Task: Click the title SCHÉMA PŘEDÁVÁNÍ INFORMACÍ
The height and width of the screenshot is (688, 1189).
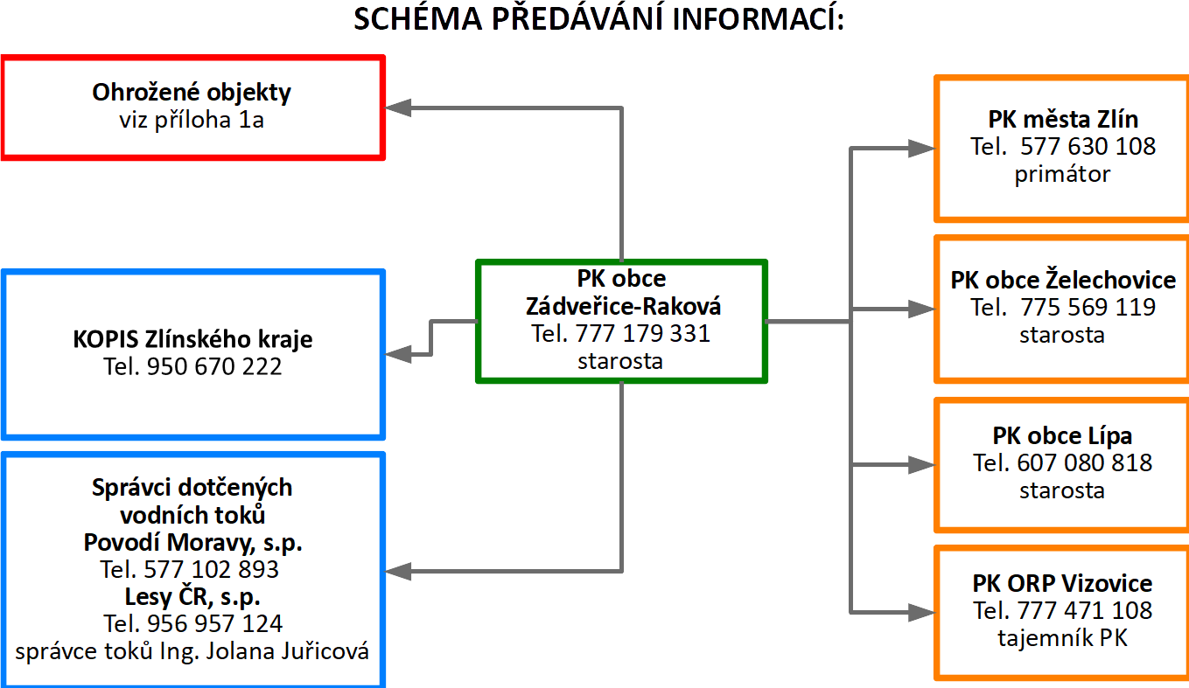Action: tap(598, 19)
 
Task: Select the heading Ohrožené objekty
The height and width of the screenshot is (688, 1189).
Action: tap(192, 93)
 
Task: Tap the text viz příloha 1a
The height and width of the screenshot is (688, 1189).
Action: tap(192, 120)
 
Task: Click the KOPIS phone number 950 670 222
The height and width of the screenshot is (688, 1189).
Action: tap(213, 366)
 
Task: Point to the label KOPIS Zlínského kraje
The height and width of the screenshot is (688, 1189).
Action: tap(192, 339)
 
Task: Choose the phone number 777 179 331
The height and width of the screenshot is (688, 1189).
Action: tap(643, 334)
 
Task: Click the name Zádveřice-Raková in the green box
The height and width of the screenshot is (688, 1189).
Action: tap(623, 307)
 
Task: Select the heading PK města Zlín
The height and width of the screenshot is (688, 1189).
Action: tap(1063, 120)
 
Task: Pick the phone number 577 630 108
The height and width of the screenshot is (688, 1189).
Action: tap(1088, 146)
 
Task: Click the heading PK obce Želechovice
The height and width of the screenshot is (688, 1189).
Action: tap(1063, 280)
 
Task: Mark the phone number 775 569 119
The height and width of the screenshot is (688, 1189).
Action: tap(1088, 307)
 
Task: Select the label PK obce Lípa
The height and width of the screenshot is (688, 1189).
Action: tap(1063, 436)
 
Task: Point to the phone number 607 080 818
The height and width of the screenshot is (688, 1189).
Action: tap(1084, 463)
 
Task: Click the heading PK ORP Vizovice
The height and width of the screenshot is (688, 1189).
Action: tap(1063, 583)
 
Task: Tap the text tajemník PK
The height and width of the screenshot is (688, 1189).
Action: tap(1063, 637)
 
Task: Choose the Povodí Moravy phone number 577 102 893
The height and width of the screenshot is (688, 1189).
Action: tap(211, 570)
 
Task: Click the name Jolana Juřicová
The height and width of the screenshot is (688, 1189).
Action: tap(288, 651)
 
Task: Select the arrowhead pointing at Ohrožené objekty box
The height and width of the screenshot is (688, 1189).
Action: tap(398, 108)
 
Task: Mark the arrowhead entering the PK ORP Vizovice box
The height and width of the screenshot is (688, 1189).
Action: tap(922, 613)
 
